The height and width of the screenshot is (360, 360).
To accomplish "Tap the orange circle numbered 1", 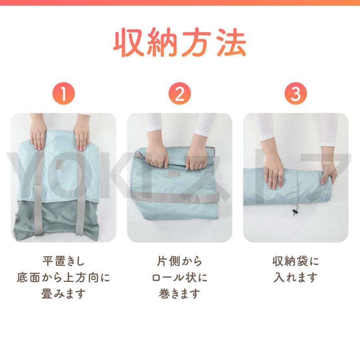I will coord(63,94).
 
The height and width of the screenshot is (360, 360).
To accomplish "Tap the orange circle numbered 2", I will coord(179,94).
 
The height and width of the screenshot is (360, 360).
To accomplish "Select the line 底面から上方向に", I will coord(63,278).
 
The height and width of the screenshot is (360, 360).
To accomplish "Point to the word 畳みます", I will coord(63,294).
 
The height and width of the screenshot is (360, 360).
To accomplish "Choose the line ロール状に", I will coord(179,278).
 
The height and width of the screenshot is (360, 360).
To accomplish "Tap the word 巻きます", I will coord(179,294).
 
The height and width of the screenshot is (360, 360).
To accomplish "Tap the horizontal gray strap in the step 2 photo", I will coord(176,196).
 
